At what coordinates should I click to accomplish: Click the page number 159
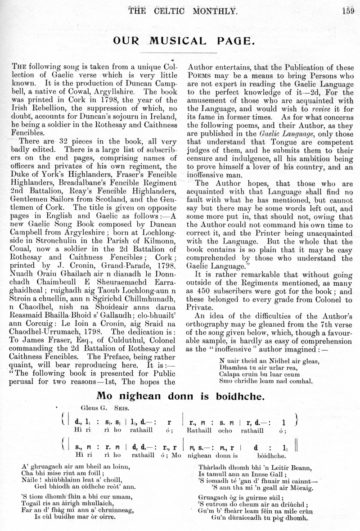[x=348, y=9]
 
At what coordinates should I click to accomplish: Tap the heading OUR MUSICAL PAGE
[x=184, y=41]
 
